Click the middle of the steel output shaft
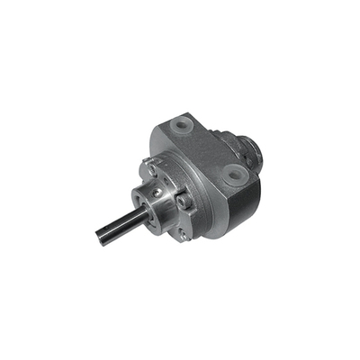117,220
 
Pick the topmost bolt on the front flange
154,166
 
